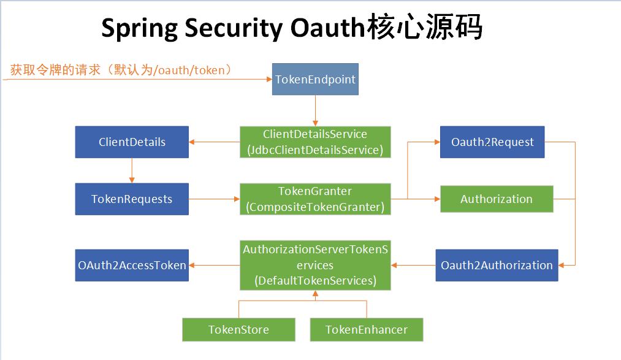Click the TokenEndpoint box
[315, 80]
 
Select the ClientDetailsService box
[315, 142]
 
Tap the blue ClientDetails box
[132, 142]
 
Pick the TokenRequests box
[132, 199]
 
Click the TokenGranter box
[315, 199]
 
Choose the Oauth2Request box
[492, 142]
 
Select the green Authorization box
[497, 199]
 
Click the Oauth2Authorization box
[497, 265]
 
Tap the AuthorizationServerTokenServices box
[315, 265]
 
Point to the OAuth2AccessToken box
[132, 265]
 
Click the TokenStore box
[238, 329]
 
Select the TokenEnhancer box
[366, 329]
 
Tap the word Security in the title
[231, 29]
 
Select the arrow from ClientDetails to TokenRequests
[132, 170]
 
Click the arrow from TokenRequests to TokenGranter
[214, 199]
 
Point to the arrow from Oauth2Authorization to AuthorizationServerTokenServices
[413, 265]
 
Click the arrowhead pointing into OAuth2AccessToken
[192, 265]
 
